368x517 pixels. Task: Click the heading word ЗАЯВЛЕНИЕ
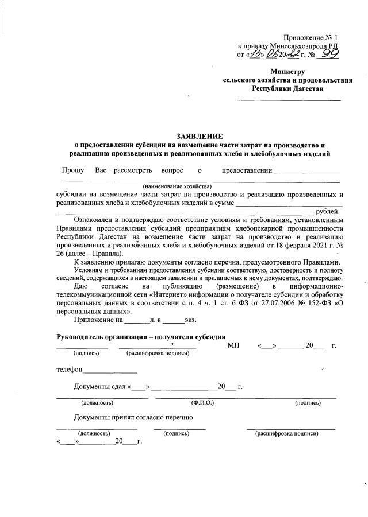199,136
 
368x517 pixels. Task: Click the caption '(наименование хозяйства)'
178,186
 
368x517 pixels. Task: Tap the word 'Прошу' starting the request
73,170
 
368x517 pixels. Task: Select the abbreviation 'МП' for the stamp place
233,345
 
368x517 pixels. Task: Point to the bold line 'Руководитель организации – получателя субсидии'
140,336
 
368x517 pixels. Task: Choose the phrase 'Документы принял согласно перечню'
133,417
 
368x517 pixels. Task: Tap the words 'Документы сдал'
99,387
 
